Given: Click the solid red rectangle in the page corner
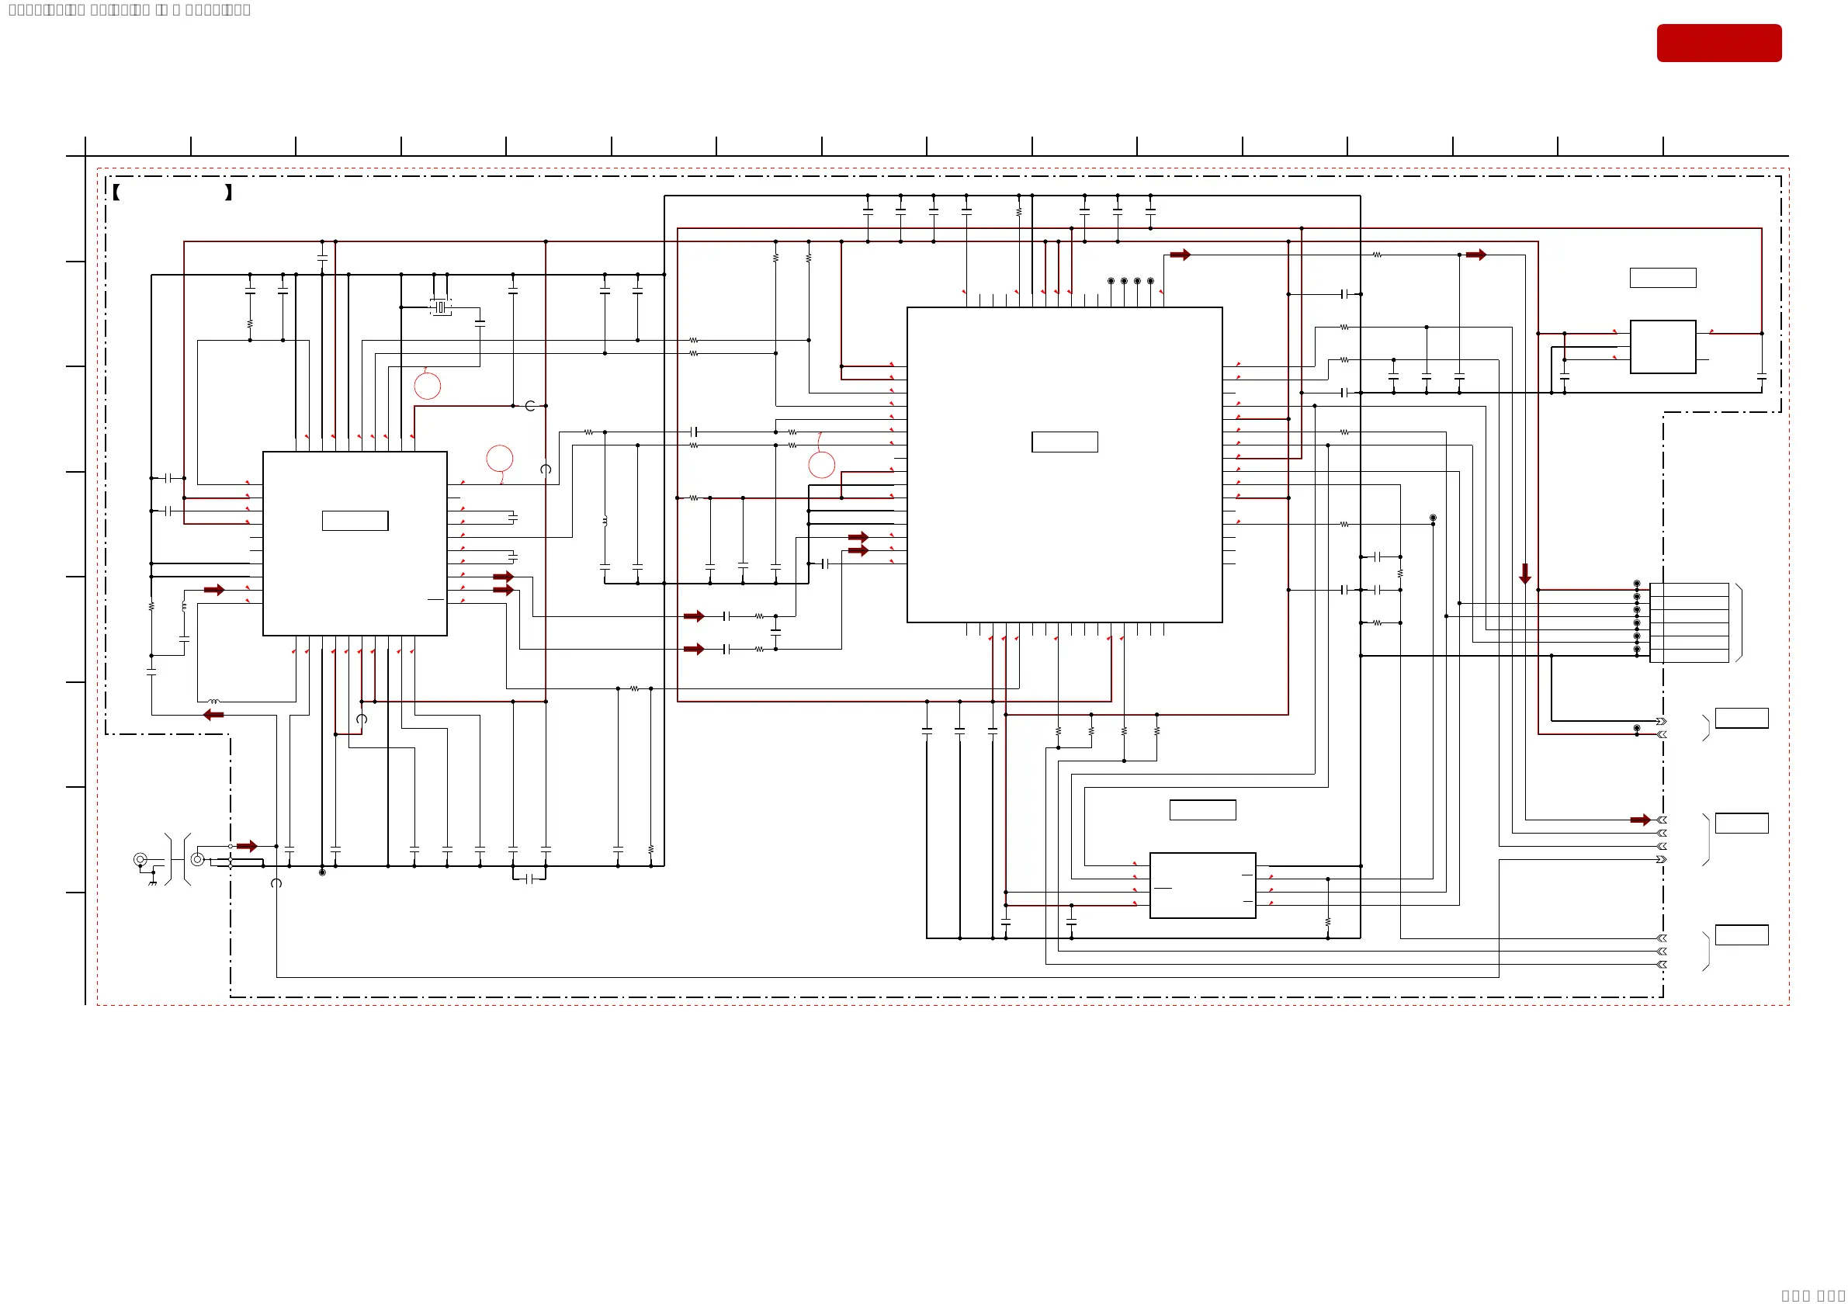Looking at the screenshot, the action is click(1718, 43).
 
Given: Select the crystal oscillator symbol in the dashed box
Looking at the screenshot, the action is click(440, 307).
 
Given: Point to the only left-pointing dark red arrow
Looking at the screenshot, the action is click(213, 715).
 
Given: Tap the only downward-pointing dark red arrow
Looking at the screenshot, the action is click(1524, 573).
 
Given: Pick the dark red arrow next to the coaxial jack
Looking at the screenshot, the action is click(246, 846).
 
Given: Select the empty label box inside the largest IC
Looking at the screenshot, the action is click(1064, 442).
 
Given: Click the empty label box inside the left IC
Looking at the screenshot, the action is click(355, 521).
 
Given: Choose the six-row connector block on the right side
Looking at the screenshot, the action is click(1689, 623).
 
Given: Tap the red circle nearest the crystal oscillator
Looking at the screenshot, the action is click(428, 386).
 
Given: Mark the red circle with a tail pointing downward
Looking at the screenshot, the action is click(500, 459).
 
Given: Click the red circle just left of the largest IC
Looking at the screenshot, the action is click(821, 464).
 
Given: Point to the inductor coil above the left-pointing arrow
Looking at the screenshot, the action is click(213, 702).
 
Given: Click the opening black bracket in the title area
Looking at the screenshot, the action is click(116, 192).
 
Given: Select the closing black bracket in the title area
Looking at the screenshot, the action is click(229, 192).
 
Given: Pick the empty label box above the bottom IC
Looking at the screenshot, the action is click(1202, 810).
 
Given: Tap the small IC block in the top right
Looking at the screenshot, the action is click(1663, 347).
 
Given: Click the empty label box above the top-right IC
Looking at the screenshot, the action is click(1663, 278).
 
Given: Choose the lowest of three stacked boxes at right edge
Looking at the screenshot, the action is click(1742, 934).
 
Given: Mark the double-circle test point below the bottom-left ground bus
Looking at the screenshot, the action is click(322, 872).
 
